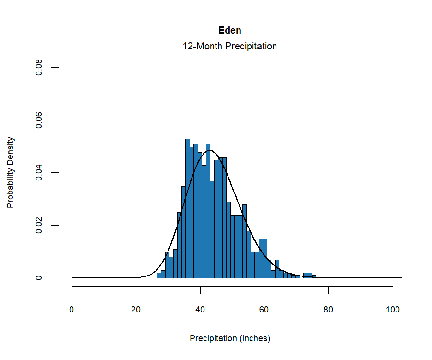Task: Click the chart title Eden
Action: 230,30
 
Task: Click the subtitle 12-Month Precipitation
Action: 230,47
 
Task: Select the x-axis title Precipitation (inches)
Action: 230,338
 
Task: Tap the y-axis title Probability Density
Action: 11,173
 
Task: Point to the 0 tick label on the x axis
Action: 72,310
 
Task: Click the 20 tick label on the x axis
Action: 136,310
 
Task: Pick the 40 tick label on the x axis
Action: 200,310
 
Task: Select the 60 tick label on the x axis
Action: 264,310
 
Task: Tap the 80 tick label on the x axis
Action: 328,310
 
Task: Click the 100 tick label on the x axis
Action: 393,310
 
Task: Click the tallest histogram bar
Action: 188,209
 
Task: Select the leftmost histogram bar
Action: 159,276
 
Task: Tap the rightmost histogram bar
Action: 314,276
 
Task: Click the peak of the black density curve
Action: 209,150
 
